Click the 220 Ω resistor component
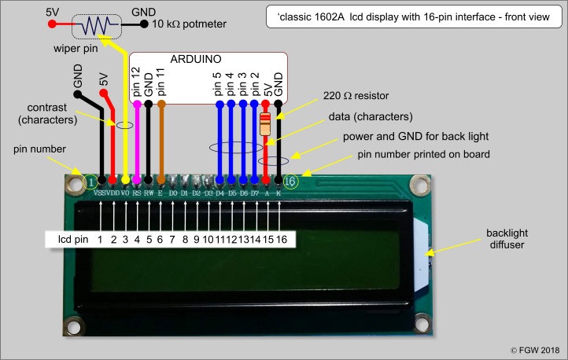pos(266,123)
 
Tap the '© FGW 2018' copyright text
pos(531,350)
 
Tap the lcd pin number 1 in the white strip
pos(100,238)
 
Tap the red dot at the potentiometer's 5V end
pos(52,25)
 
